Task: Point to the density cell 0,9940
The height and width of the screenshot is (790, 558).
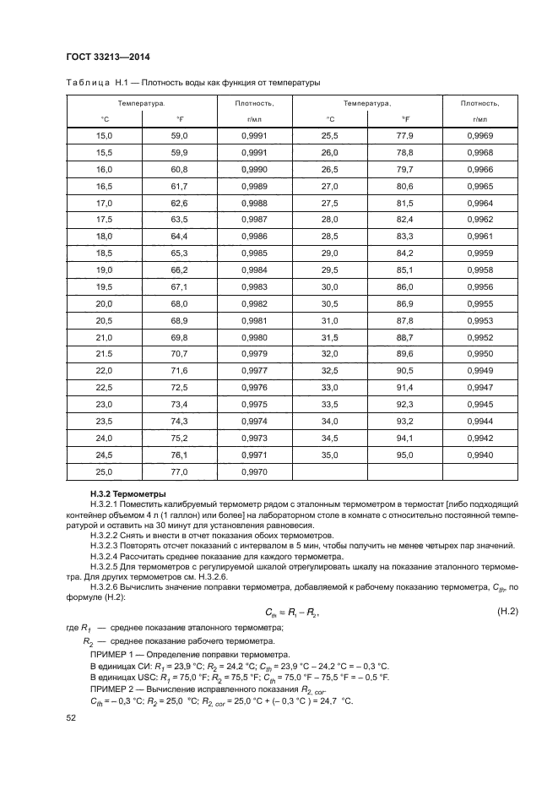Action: tap(479, 455)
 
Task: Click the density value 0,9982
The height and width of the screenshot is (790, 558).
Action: tap(254, 303)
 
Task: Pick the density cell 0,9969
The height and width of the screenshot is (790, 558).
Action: tap(479, 135)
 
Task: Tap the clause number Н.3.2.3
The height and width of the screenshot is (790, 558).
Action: tap(106, 547)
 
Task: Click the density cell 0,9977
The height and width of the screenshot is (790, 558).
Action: tap(254, 370)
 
